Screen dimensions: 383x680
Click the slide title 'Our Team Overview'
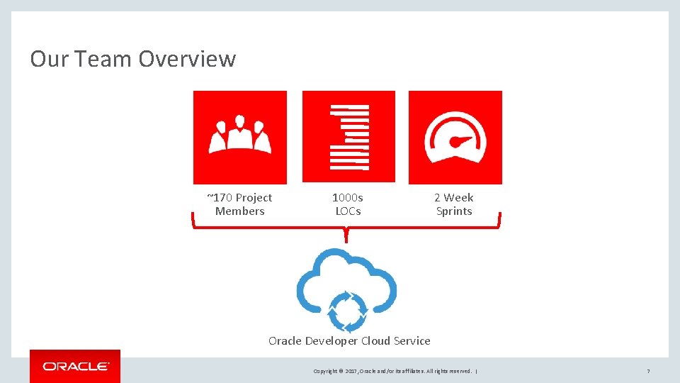point(132,59)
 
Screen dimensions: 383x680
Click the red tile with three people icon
point(240,137)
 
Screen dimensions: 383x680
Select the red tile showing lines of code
point(348,137)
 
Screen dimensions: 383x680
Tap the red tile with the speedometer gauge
point(455,137)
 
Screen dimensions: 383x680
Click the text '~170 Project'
point(239,198)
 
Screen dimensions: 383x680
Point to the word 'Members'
point(239,211)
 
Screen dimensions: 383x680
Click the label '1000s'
point(348,198)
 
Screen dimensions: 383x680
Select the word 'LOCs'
point(348,211)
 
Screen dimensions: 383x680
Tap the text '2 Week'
point(454,198)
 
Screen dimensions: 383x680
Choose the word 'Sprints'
point(454,211)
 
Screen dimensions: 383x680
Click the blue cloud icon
point(346,273)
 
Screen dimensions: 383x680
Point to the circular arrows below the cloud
point(347,311)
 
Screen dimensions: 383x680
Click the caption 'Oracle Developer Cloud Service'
point(349,341)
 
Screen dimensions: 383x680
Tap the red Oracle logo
point(75,366)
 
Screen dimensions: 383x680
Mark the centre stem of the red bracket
point(346,234)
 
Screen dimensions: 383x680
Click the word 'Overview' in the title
point(187,59)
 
